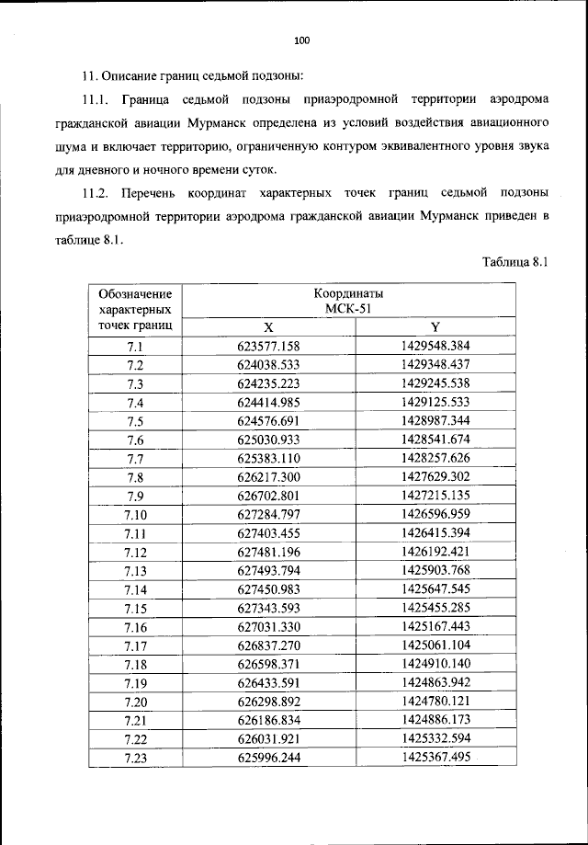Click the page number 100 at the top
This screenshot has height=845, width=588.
[302, 40]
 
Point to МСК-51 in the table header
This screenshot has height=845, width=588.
[348, 309]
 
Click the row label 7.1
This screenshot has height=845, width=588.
[135, 347]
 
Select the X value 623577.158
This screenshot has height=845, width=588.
[268, 347]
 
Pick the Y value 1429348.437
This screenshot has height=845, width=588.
[435, 365]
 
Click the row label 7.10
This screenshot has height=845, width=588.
[135, 515]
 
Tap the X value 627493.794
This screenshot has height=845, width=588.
[268, 571]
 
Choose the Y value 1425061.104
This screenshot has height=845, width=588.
[435, 645]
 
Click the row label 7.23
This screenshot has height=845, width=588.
[135, 758]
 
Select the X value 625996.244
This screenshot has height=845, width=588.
[268, 758]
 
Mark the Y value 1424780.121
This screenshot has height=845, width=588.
[435, 702]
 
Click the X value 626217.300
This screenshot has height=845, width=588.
[268, 477]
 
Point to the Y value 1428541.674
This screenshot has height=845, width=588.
[435, 440]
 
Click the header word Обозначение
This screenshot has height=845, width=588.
[135, 294]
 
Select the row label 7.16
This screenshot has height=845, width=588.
[135, 627]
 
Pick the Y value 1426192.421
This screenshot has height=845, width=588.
[435, 553]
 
